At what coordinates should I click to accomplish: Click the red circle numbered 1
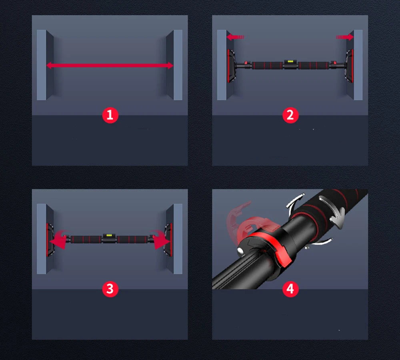(x=110, y=115)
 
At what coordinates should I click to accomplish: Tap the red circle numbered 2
(x=290, y=115)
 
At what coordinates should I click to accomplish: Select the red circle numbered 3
(x=110, y=289)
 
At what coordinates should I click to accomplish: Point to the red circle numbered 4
(x=290, y=289)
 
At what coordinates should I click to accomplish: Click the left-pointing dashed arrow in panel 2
(x=235, y=37)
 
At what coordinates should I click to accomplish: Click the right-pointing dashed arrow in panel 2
(x=345, y=37)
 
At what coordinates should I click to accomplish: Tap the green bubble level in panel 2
(x=290, y=62)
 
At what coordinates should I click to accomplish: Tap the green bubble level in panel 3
(x=109, y=235)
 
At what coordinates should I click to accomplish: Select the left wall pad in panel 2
(x=231, y=66)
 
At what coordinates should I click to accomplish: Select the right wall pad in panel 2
(x=349, y=66)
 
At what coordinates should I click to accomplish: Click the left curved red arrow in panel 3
(x=58, y=239)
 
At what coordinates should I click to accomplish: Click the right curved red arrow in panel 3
(x=160, y=239)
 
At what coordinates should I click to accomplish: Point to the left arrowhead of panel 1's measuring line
(x=50, y=66)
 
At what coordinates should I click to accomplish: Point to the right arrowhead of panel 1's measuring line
(x=170, y=66)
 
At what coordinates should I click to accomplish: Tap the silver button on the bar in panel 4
(x=240, y=251)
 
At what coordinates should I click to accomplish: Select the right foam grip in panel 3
(x=132, y=239)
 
